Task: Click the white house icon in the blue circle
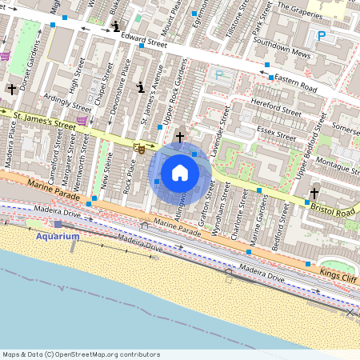pos(180,172)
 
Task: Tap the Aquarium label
pos(58,236)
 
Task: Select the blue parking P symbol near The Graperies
pos(322,35)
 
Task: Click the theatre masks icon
pos(139,148)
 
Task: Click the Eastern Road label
pos(299,81)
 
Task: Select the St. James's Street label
pos(45,120)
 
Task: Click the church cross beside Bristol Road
pos(314,193)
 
